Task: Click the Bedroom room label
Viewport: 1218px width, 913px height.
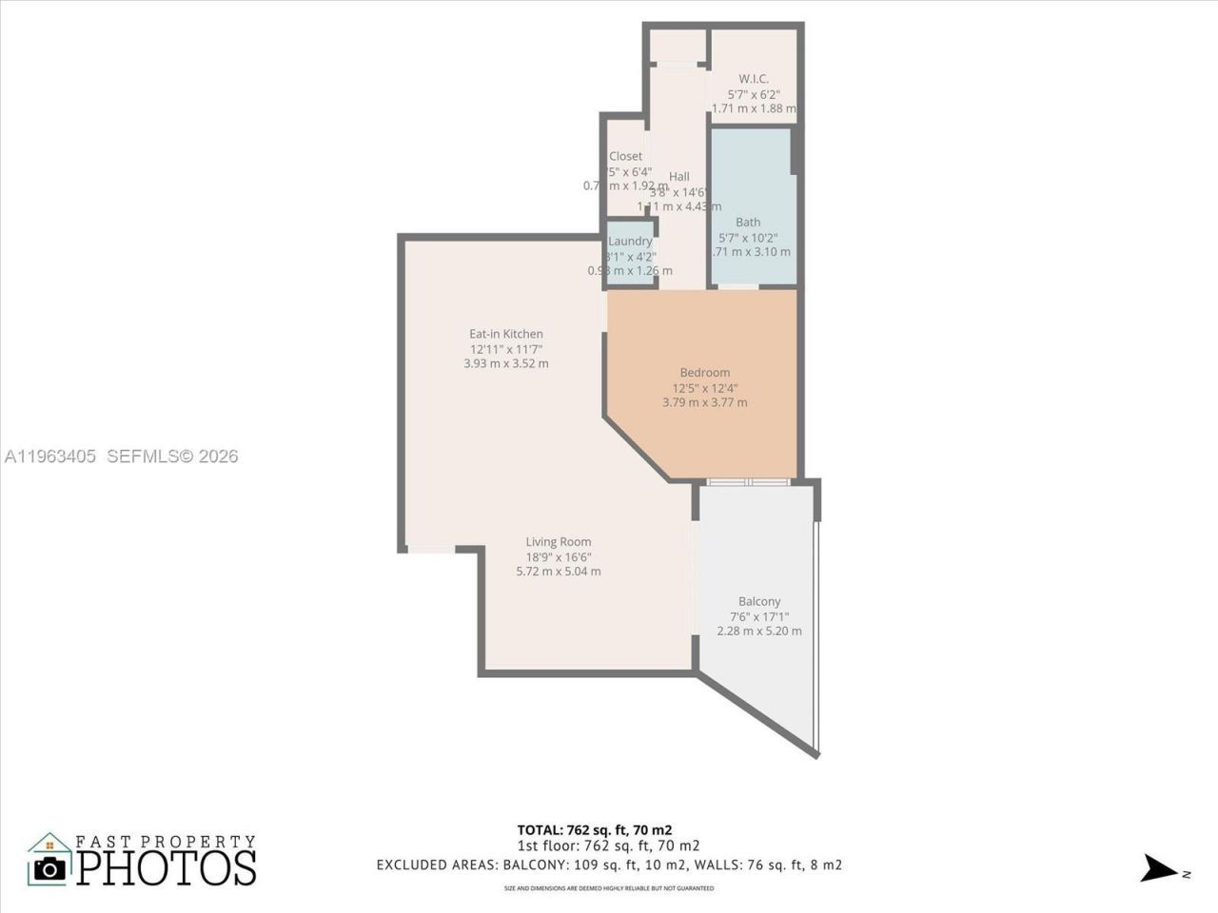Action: point(704,373)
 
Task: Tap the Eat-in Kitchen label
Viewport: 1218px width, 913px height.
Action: point(505,334)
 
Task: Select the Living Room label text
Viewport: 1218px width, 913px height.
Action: point(559,542)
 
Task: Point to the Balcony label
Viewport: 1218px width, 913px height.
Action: point(759,601)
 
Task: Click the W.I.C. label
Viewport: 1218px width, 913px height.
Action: point(754,79)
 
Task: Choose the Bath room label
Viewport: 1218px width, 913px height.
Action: point(748,222)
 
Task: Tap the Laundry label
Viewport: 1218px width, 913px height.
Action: point(630,242)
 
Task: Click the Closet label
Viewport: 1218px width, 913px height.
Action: point(625,156)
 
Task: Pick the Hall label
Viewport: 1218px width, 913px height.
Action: point(678,176)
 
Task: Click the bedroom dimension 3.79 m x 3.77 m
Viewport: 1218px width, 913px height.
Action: point(704,402)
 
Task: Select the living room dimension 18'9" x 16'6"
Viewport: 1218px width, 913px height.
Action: point(559,557)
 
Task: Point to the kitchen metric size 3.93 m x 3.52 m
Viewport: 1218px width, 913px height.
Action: point(505,363)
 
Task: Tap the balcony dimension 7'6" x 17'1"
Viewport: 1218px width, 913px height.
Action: point(759,616)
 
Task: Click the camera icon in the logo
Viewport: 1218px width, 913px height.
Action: point(49,867)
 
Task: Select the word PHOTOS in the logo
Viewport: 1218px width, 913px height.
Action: point(167,867)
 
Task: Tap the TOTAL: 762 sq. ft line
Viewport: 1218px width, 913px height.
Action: point(595,829)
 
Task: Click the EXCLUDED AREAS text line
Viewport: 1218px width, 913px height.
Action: point(609,865)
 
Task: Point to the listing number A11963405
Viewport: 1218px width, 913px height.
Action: point(50,456)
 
